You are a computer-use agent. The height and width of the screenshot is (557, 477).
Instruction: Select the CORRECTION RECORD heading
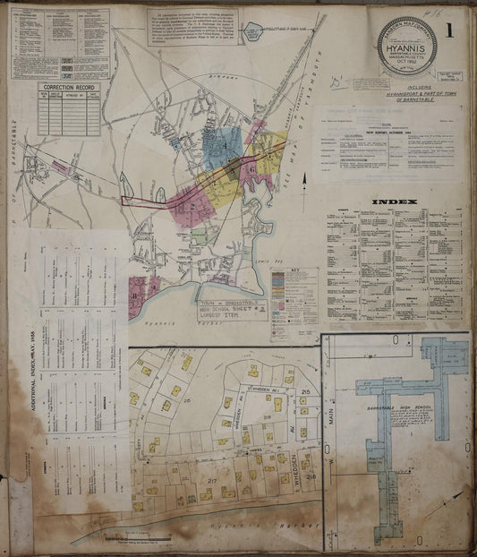click(68, 89)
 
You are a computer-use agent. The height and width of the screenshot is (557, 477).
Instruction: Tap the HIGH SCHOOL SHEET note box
click(232, 310)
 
